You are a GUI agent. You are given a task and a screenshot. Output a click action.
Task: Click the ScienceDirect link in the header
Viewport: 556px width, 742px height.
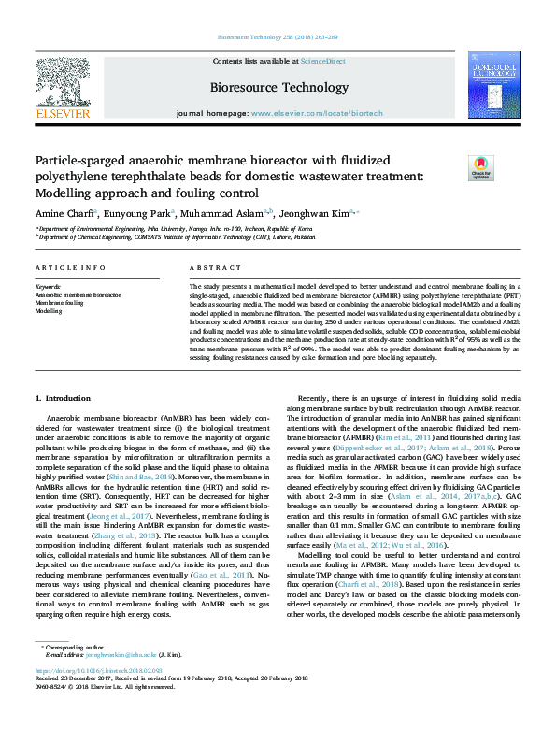(x=322, y=61)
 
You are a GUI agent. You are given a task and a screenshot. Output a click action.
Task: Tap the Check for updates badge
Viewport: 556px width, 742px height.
(x=480, y=168)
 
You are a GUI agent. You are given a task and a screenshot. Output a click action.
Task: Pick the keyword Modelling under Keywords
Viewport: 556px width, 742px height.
(x=50, y=311)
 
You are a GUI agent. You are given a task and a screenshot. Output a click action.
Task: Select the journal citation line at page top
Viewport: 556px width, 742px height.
(x=278, y=38)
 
